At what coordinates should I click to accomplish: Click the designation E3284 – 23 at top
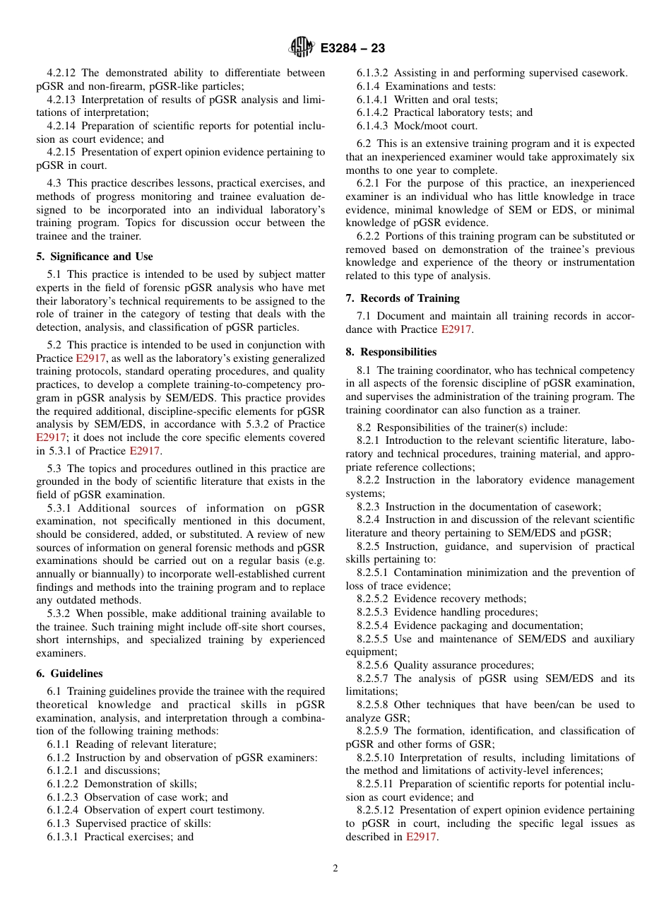click(352, 48)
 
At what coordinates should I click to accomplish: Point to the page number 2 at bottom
click(335, 869)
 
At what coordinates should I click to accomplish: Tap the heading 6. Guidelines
click(69, 674)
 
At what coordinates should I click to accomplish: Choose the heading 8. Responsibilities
click(391, 352)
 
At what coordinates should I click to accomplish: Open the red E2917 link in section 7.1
click(456, 329)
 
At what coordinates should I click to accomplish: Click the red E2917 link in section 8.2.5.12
click(421, 837)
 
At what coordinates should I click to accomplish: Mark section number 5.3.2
click(59, 613)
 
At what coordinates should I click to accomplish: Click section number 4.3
click(55, 184)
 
